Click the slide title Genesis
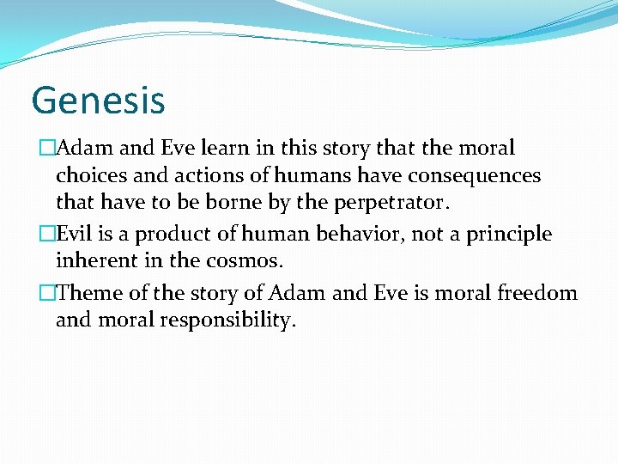coord(97,100)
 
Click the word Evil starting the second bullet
coord(74,234)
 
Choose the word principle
coord(510,234)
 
